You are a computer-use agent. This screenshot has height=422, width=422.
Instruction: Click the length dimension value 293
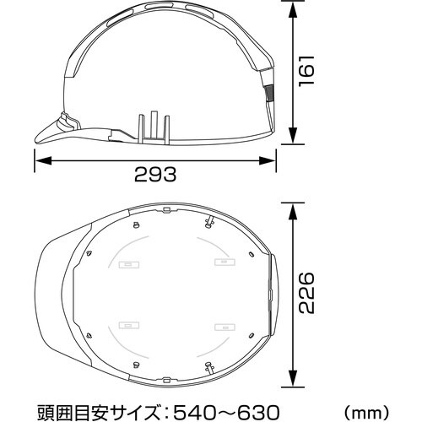[x=155, y=175]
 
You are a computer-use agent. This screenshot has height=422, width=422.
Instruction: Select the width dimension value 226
[x=309, y=292]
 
